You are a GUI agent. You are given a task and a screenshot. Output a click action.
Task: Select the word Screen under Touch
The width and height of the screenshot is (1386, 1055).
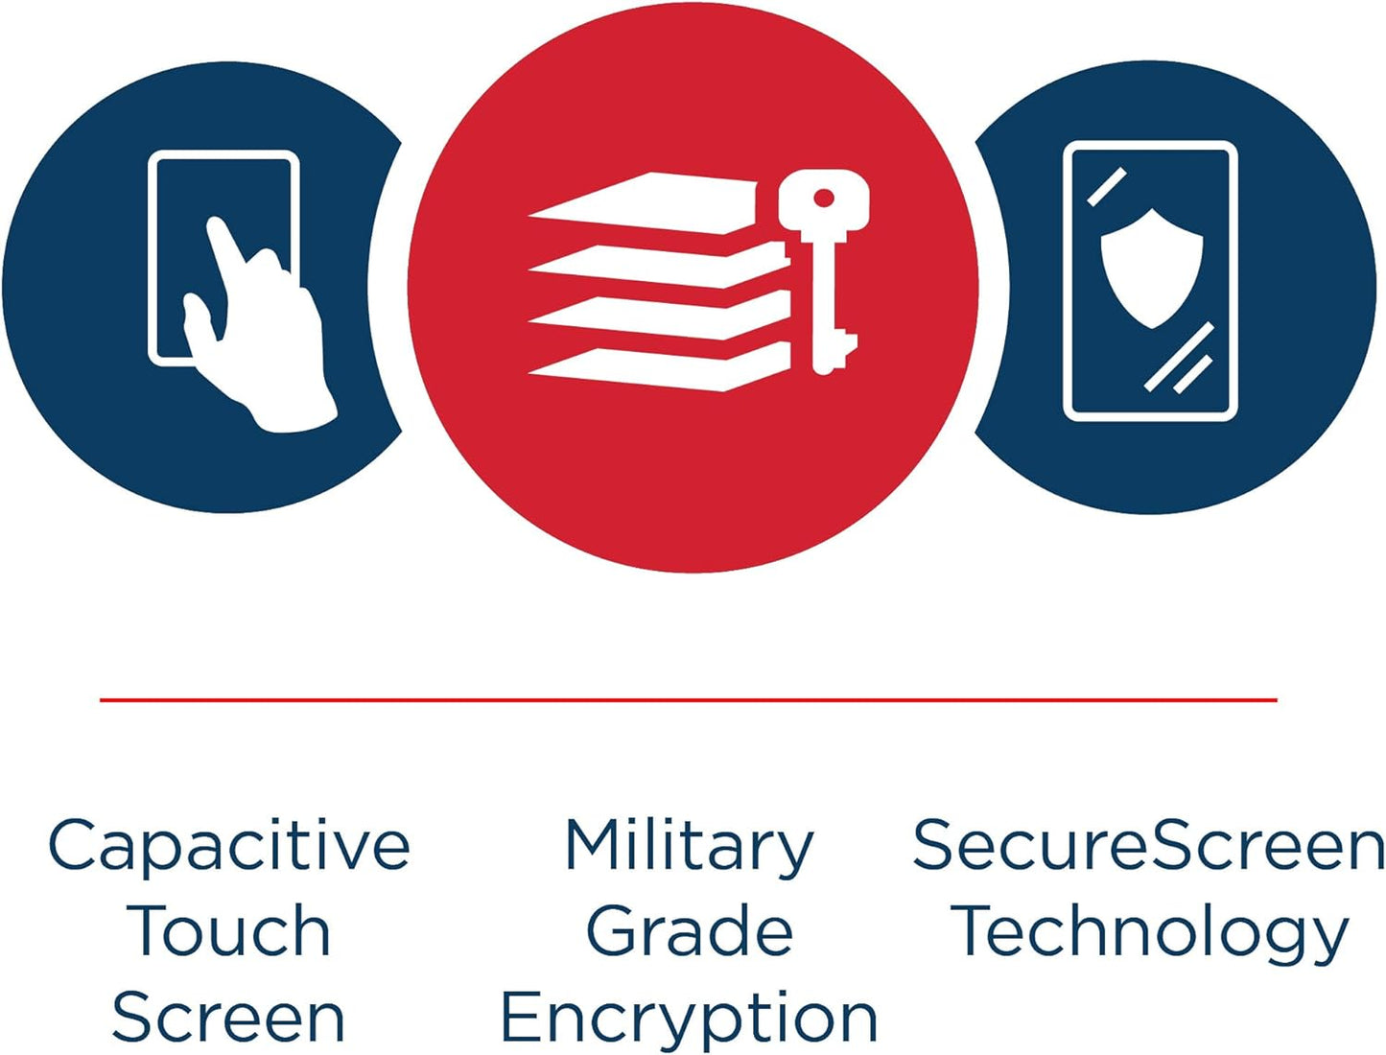tap(228, 1017)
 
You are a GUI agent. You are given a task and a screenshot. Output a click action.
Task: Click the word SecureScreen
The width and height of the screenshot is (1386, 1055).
tap(1148, 844)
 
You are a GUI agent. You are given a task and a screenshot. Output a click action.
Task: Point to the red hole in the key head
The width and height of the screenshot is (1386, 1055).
tap(823, 199)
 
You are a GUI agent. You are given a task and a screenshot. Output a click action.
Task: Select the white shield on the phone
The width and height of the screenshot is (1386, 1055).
tap(1152, 269)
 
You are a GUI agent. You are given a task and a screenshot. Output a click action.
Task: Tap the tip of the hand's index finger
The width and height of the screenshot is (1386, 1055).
tap(214, 223)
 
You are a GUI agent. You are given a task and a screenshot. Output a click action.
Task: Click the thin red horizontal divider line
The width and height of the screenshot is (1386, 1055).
tap(689, 699)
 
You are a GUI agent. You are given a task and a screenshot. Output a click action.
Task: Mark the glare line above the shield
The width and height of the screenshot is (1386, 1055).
tap(1107, 186)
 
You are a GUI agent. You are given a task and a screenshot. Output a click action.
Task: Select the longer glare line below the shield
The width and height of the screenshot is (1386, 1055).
tap(1179, 356)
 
